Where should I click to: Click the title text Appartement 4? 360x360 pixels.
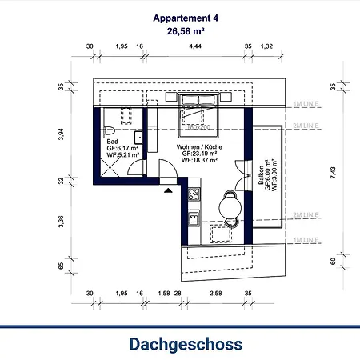(x=179, y=17)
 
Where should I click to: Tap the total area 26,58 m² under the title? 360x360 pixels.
(x=179, y=31)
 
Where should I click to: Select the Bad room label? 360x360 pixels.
(x=113, y=139)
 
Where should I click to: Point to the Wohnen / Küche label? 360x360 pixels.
(x=199, y=147)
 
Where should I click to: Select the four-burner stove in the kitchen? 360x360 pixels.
(x=193, y=194)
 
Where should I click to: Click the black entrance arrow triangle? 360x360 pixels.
(x=167, y=190)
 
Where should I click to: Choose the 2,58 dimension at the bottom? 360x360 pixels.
(x=215, y=294)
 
